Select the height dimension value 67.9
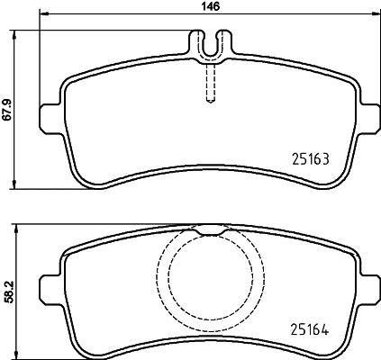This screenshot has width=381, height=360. coord(7,109)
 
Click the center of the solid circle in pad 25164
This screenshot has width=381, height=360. coord(208,279)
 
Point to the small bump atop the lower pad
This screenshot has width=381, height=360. coord(208,229)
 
